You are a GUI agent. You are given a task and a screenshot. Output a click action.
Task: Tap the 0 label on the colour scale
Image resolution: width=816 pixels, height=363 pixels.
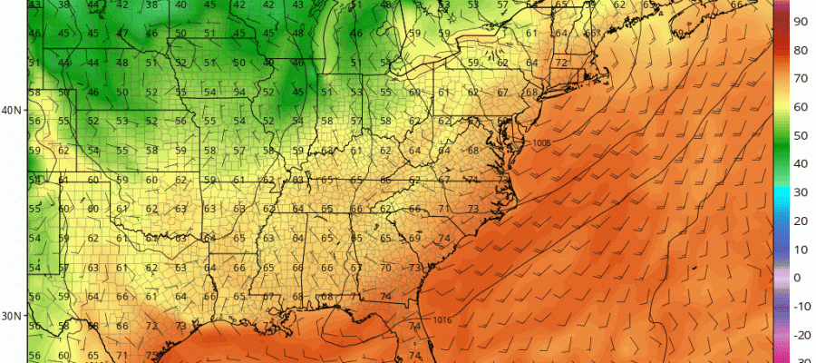click(x=797, y=277)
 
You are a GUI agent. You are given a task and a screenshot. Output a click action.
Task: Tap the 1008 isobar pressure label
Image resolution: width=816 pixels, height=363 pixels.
click(x=542, y=142)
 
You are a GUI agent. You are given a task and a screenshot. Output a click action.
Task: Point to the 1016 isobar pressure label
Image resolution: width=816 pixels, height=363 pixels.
click(x=442, y=319)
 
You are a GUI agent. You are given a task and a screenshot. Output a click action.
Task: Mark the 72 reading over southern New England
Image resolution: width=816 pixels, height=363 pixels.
click(x=561, y=63)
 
